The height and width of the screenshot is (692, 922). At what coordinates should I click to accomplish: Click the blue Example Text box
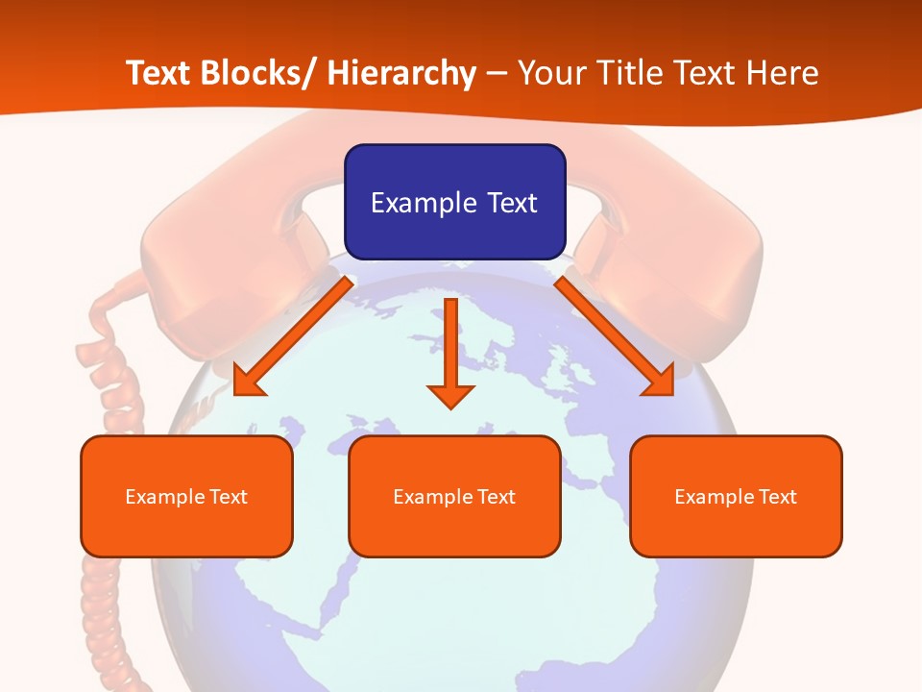[454, 202]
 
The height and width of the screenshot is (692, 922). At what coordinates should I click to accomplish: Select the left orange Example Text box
[186, 496]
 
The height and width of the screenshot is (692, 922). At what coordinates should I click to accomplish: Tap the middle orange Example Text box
[454, 496]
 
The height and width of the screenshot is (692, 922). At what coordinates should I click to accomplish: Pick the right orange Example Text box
[736, 496]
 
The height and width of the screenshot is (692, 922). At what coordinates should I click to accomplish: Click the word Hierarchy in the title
[401, 73]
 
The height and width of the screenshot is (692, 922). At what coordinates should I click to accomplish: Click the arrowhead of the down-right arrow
[661, 383]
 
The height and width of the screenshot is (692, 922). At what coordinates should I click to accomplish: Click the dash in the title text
[497, 73]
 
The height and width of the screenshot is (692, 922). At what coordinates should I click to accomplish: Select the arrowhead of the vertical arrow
[451, 394]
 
